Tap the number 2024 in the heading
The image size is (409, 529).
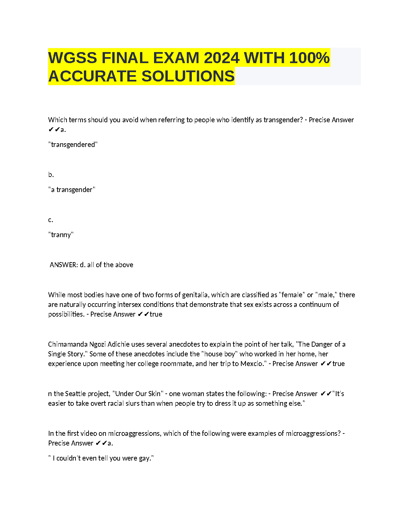(x=222, y=58)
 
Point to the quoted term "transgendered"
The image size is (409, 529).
(x=73, y=145)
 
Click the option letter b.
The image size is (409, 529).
(x=51, y=175)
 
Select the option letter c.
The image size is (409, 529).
(x=50, y=220)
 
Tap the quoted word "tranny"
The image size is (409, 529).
(x=61, y=235)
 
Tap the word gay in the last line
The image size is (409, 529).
(x=145, y=458)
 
